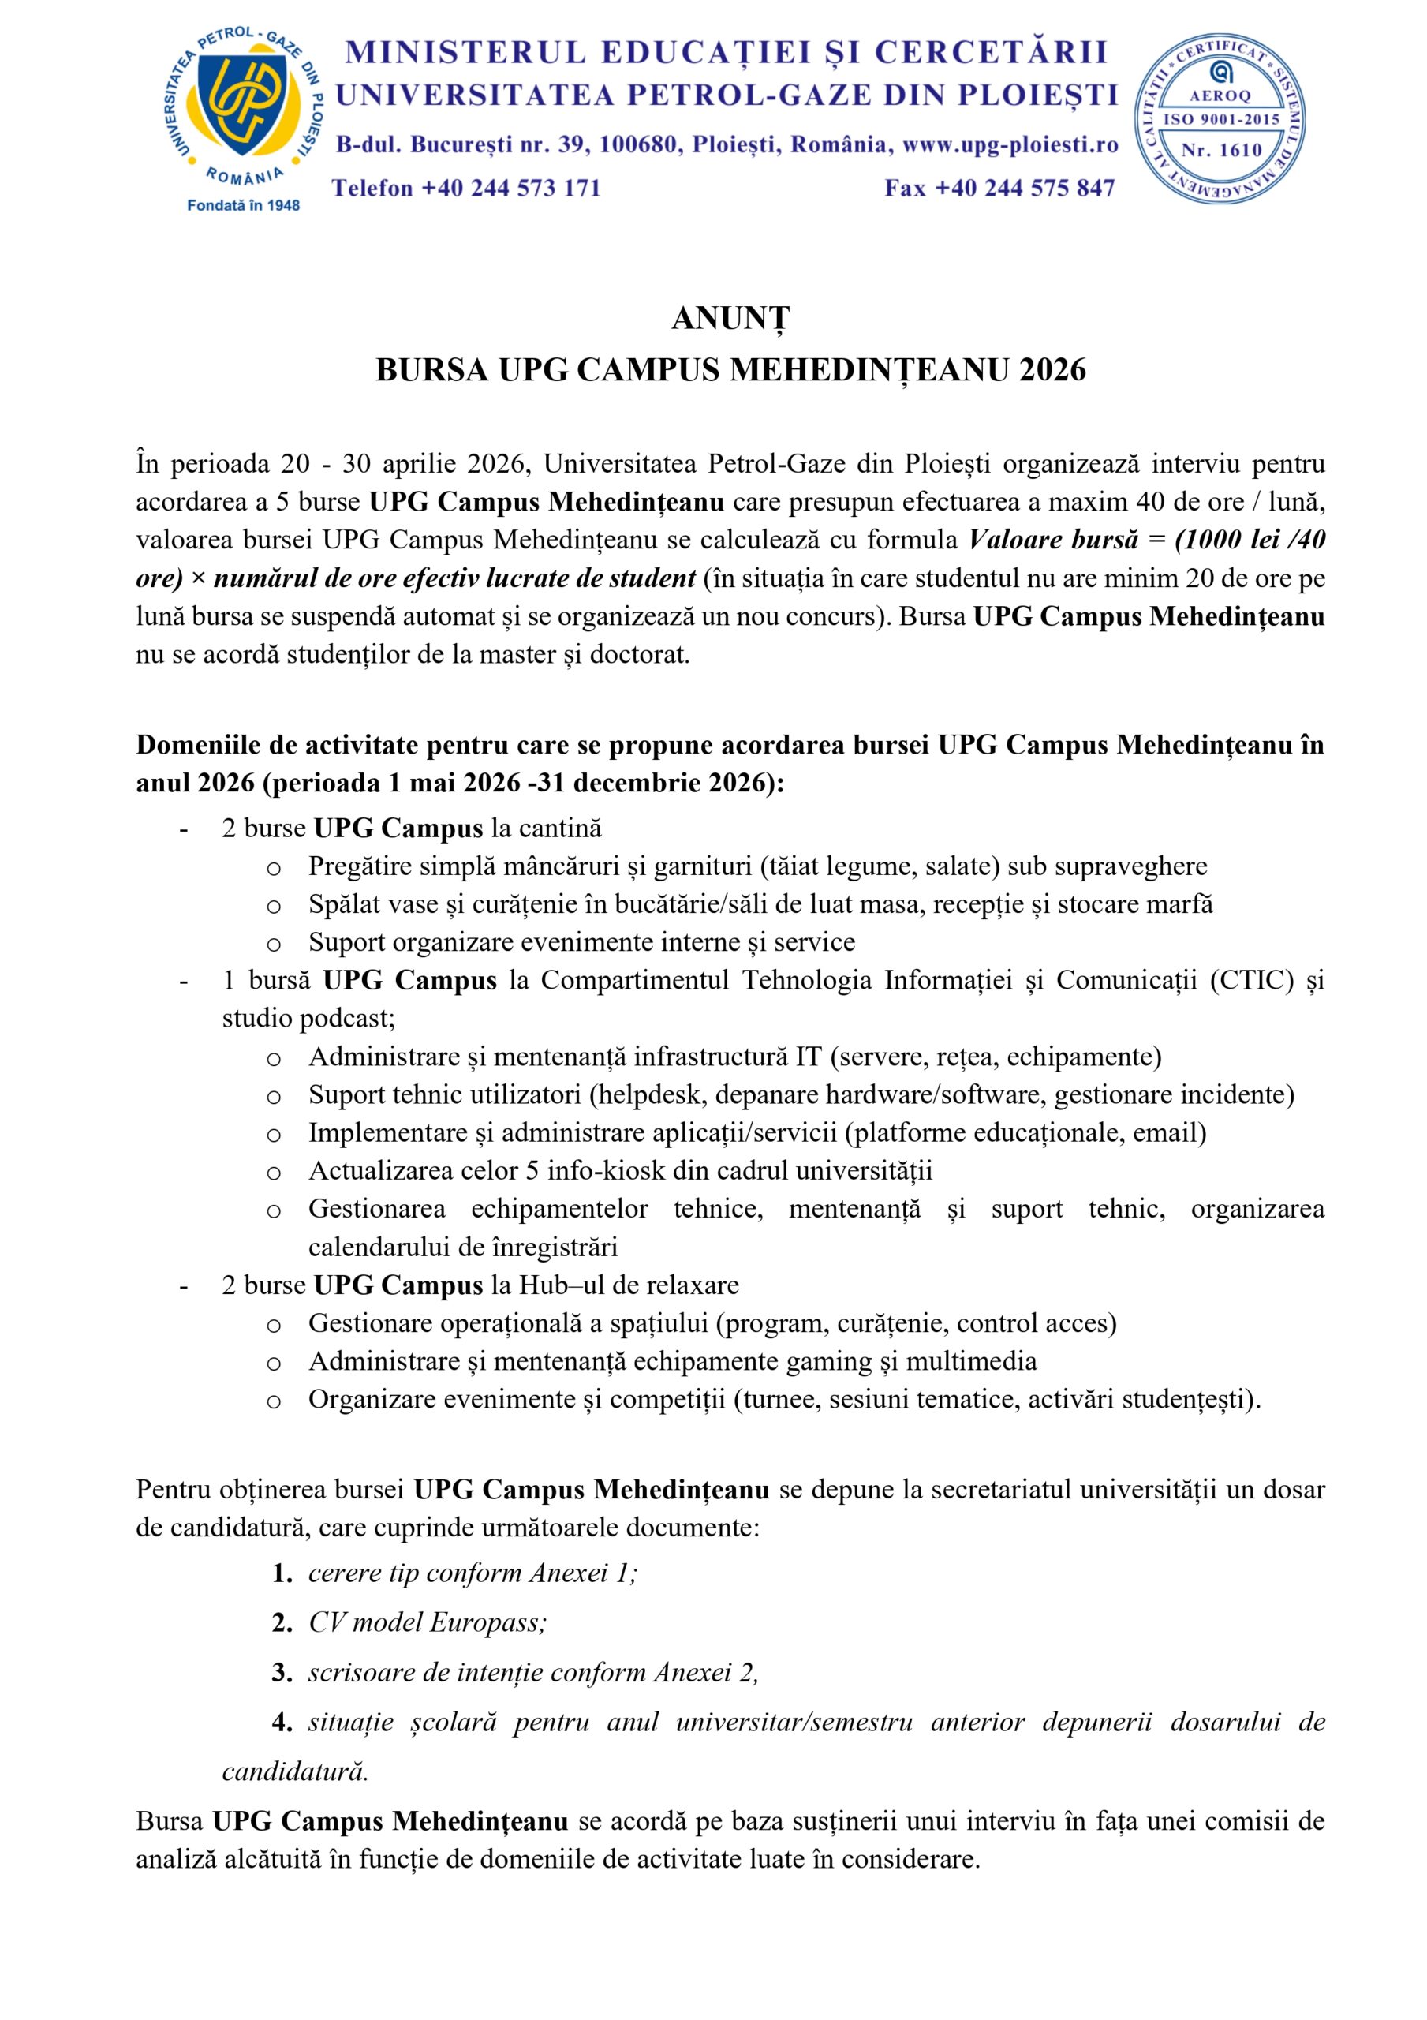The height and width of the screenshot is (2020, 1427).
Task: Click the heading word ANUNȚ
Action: pyautogui.click(x=730, y=319)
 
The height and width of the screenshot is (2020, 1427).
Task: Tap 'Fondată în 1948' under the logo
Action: pyautogui.click(x=244, y=205)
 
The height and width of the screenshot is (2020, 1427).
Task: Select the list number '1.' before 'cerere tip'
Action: pyautogui.click(x=282, y=1573)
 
